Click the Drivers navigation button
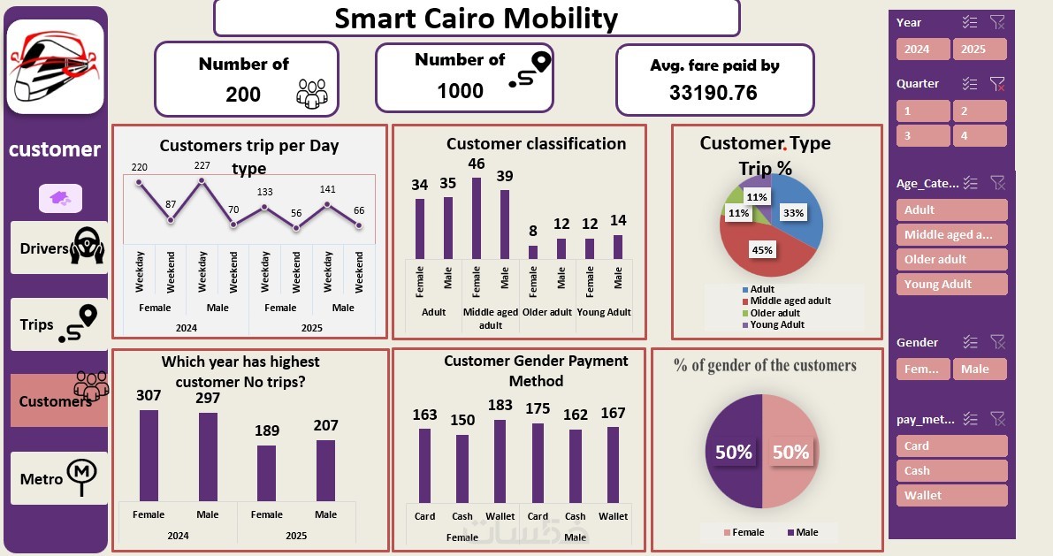(x=59, y=247)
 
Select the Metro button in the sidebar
(x=59, y=478)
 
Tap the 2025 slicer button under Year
(x=979, y=49)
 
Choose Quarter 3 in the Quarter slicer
(x=923, y=136)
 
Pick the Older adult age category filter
(x=950, y=259)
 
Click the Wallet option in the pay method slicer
(x=950, y=495)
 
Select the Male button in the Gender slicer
(x=979, y=369)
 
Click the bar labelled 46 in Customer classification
(x=477, y=217)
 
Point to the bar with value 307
(x=149, y=455)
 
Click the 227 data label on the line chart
(x=202, y=165)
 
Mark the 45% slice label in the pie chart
(x=761, y=249)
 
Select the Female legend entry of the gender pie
(x=744, y=532)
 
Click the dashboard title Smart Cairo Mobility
(x=477, y=18)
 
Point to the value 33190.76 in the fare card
(x=713, y=92)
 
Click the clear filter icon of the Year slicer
(x=997, y=23)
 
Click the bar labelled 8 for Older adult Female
(x=533, y=252)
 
